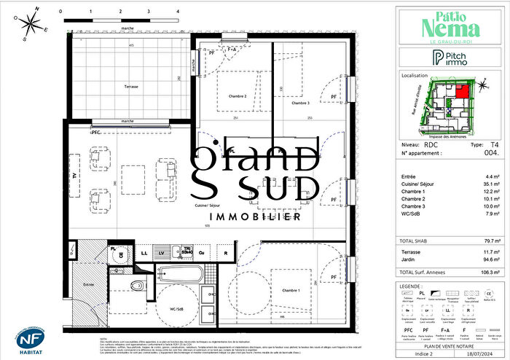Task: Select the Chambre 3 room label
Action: [x=302, y=103]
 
